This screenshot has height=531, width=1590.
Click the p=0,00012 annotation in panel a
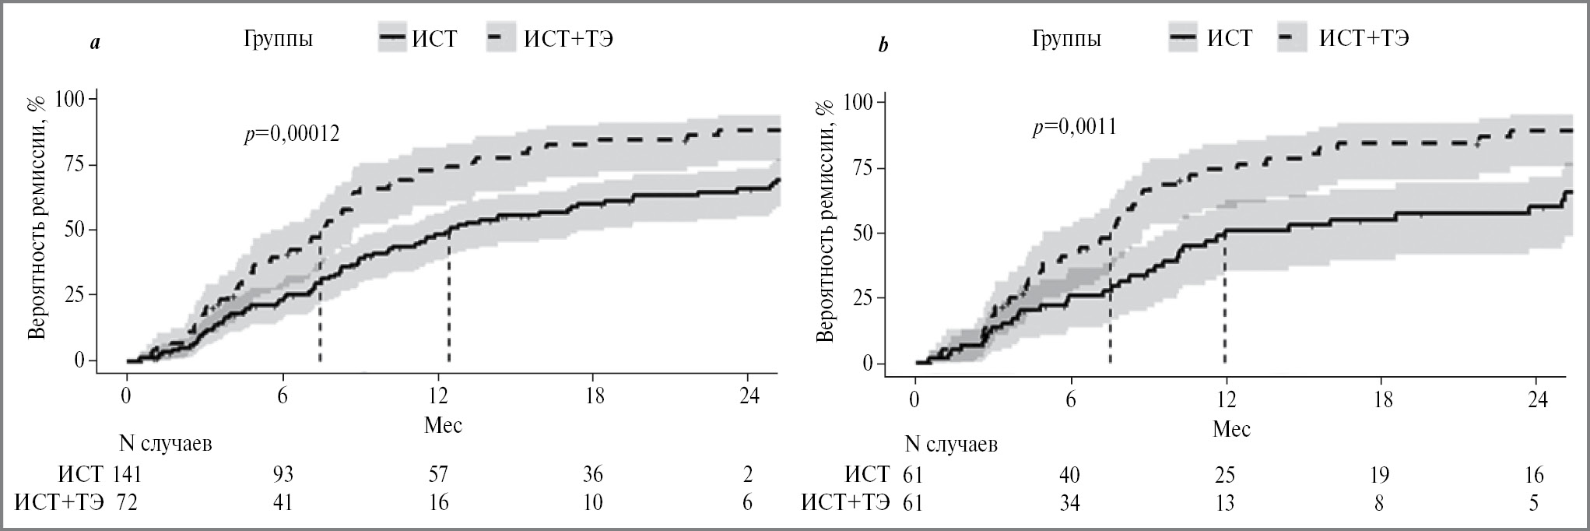click(x=292, y=135)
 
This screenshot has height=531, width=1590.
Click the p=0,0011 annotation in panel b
click(x=1074, y=127)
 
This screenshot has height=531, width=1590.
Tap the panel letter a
click(x=95, y=44)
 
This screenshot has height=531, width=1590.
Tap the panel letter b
click(x=883, y=46)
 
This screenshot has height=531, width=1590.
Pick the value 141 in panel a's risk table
click(x=127, y=474)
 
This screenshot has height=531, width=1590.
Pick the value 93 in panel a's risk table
click(x=282, y=474)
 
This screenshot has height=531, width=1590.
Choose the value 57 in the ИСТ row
click(x=438, y=474)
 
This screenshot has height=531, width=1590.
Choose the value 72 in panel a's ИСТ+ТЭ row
click(x=127, y=503)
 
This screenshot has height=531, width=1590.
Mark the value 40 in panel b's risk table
click(x=1070, y=474)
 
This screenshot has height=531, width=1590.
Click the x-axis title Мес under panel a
click(x=443, y=424)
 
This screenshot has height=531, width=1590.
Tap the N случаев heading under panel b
click(x=951, y=445)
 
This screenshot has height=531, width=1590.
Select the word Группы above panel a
click(x=279, y=39)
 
